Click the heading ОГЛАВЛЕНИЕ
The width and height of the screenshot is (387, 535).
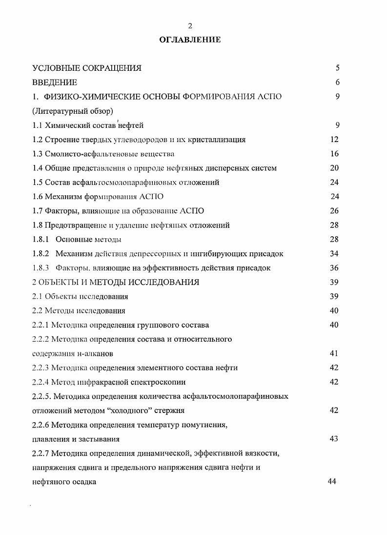click(190, 40)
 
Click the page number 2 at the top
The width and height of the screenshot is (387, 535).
click(190, 26)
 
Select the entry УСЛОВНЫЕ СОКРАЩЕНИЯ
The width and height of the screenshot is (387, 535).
click(87, 68)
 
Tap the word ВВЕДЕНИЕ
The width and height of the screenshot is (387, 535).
click(55, 82)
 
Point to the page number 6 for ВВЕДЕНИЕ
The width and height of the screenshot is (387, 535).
click(337, 82)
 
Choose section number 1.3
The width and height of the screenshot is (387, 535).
click(38, 154)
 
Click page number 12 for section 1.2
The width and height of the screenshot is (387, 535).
click(334, 139)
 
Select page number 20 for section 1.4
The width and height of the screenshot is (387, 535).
click(334, 168)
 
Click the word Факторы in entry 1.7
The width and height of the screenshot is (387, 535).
click(60, 211)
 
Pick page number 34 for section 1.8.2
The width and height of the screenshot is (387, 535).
click(334, 253)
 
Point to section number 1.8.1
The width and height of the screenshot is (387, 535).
click(41, 239)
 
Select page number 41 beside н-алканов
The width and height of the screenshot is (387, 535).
click(334, 353)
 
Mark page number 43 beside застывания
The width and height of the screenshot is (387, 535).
click(334, 438)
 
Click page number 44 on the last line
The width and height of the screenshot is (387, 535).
click(332, 481)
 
